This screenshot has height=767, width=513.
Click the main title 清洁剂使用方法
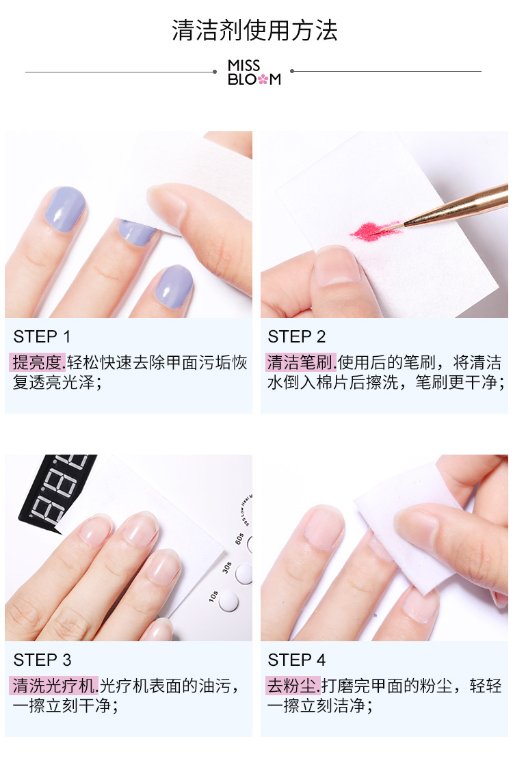click(254, 30)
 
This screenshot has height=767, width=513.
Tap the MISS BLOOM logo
click(254, 72)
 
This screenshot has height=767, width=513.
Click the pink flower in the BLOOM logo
click(263, 79)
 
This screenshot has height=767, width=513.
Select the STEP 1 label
click(42, 336)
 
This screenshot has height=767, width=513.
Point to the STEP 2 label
click(297, 336)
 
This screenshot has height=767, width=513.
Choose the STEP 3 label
click(42, 660)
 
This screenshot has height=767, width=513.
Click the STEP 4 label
click(297, 660)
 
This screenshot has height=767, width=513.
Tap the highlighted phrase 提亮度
click(37, 362)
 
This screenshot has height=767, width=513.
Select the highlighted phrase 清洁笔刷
click(300, 362)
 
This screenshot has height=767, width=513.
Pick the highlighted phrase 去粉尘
click(293, 686)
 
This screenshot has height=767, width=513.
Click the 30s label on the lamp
click(227, 568)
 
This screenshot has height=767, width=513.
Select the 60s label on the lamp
click(239, 539)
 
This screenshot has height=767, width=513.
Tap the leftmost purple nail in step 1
click(65, 209)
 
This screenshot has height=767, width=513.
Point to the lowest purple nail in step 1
click(174, 287)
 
